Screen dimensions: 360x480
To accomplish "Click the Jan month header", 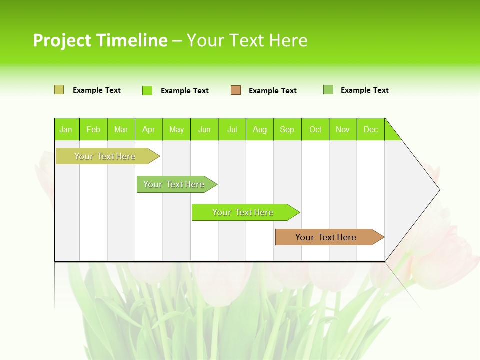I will tap(66, 129).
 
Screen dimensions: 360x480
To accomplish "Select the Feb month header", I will tap(93, 129).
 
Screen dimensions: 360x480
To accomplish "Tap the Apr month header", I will tap(149, 129).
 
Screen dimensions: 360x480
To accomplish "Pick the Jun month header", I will tap(204, 129).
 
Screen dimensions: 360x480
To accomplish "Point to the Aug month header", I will tap(260, 129).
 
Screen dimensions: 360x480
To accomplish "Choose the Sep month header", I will tap(287, 129).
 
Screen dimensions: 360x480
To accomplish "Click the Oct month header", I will tap(315, 129).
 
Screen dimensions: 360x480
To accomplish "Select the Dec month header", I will tap(371, 129).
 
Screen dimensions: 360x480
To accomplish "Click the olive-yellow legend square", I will tap(59, 90).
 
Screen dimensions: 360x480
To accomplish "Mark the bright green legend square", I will tap(147, 90).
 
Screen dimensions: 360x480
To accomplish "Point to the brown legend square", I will tap(236, 90).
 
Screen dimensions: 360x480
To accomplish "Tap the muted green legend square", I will tap(328, 90).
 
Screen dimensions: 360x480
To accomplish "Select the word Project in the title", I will tap(62, 40).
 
